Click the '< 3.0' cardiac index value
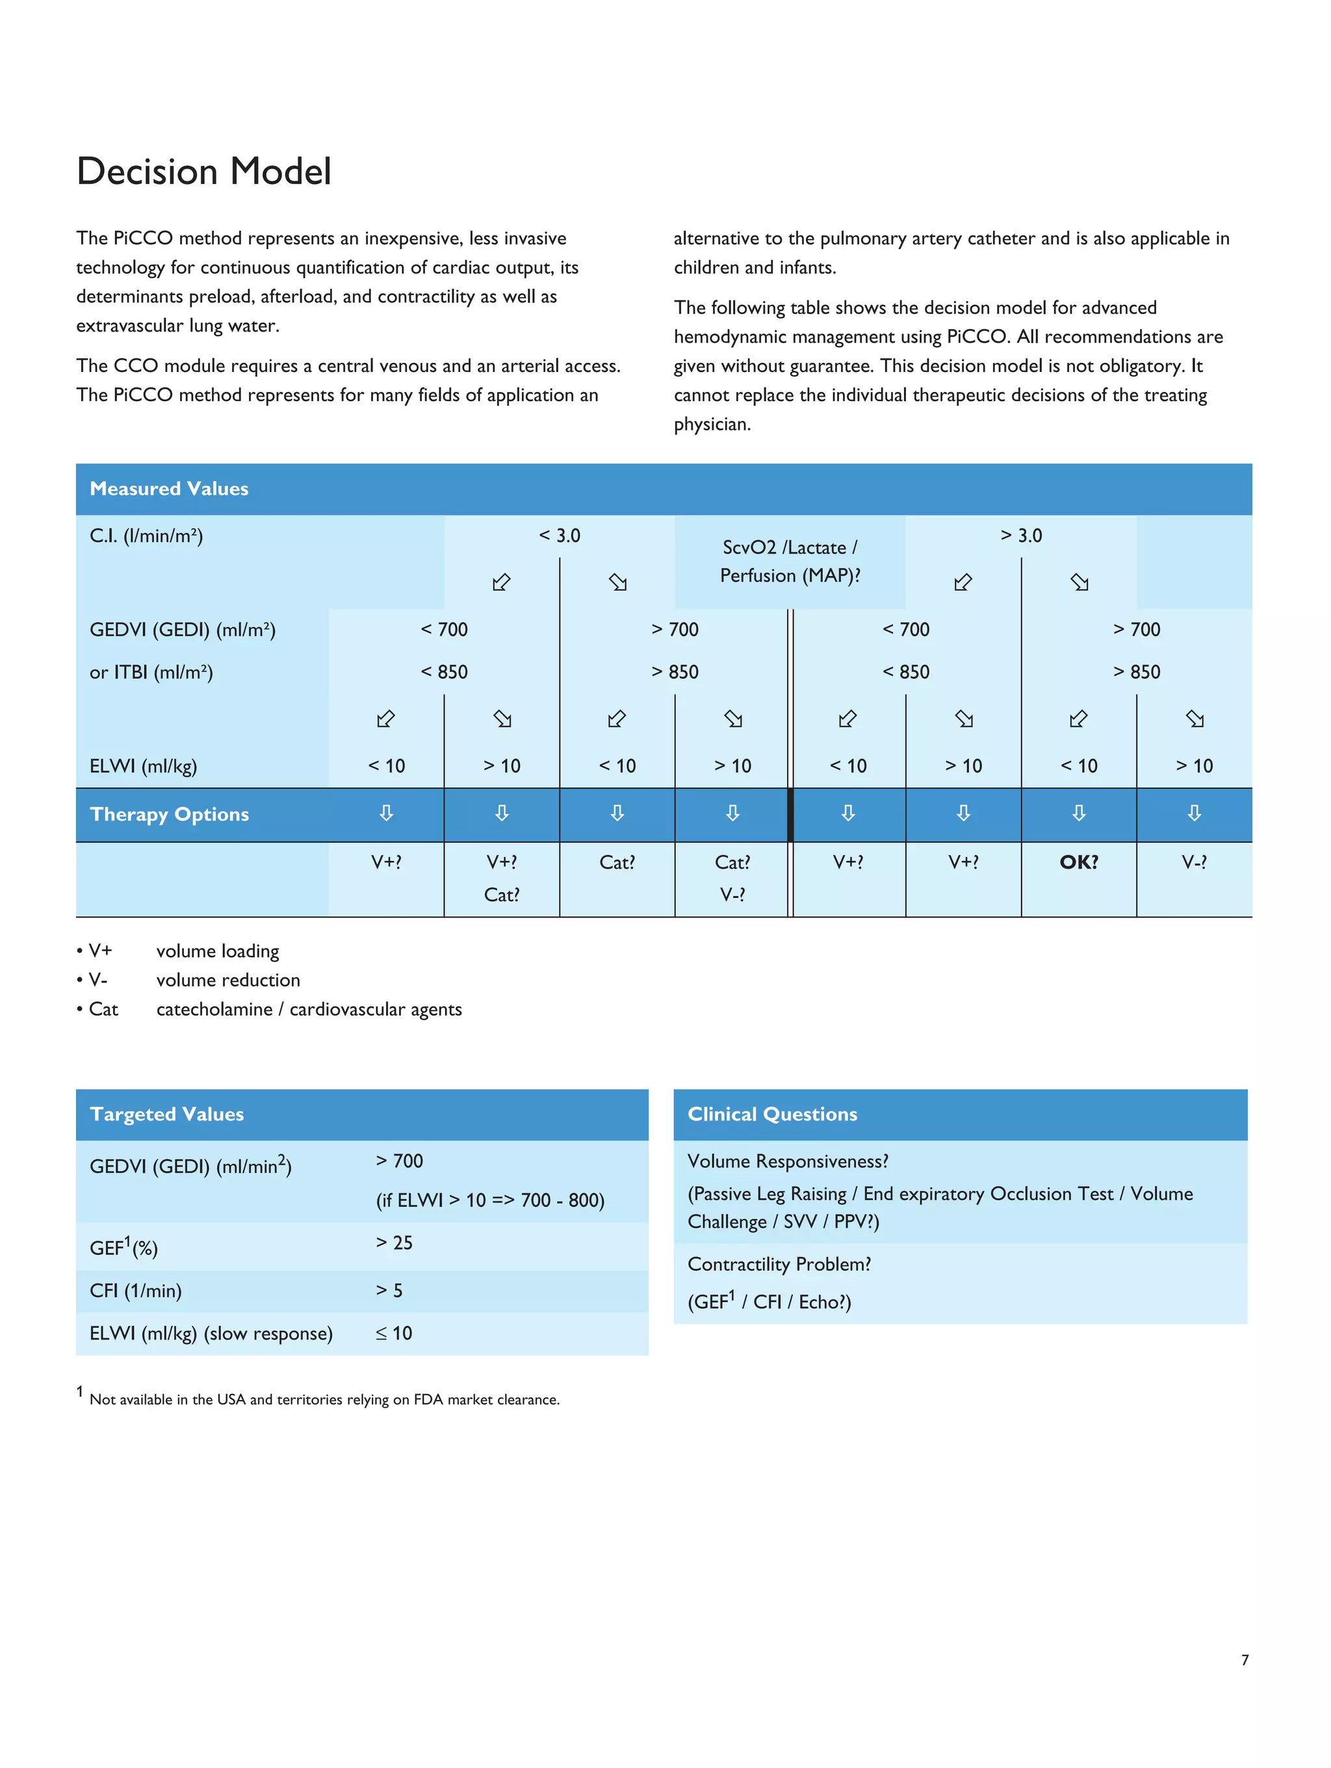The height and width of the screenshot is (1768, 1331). coord(560,536)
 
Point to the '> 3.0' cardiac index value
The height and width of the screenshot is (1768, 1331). coord(1021,536)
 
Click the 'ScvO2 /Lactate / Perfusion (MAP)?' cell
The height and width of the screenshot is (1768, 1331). coord(790,561)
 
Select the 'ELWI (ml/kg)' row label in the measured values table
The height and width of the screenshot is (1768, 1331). coord(143,766)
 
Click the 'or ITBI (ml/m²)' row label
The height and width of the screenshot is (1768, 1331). coord(151,672)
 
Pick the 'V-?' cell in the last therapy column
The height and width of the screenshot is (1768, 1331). coord(1194,862)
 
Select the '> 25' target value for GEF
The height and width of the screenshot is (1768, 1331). coord(394,1242)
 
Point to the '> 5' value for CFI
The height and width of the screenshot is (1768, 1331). coord(389,1290)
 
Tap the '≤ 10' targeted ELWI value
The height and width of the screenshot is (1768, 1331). coord(394,1332)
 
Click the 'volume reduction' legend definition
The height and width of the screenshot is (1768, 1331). coord(227,980)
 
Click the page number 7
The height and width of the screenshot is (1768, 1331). coord(1244,1659)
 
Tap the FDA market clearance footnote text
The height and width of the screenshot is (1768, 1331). coord(324,1399)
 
